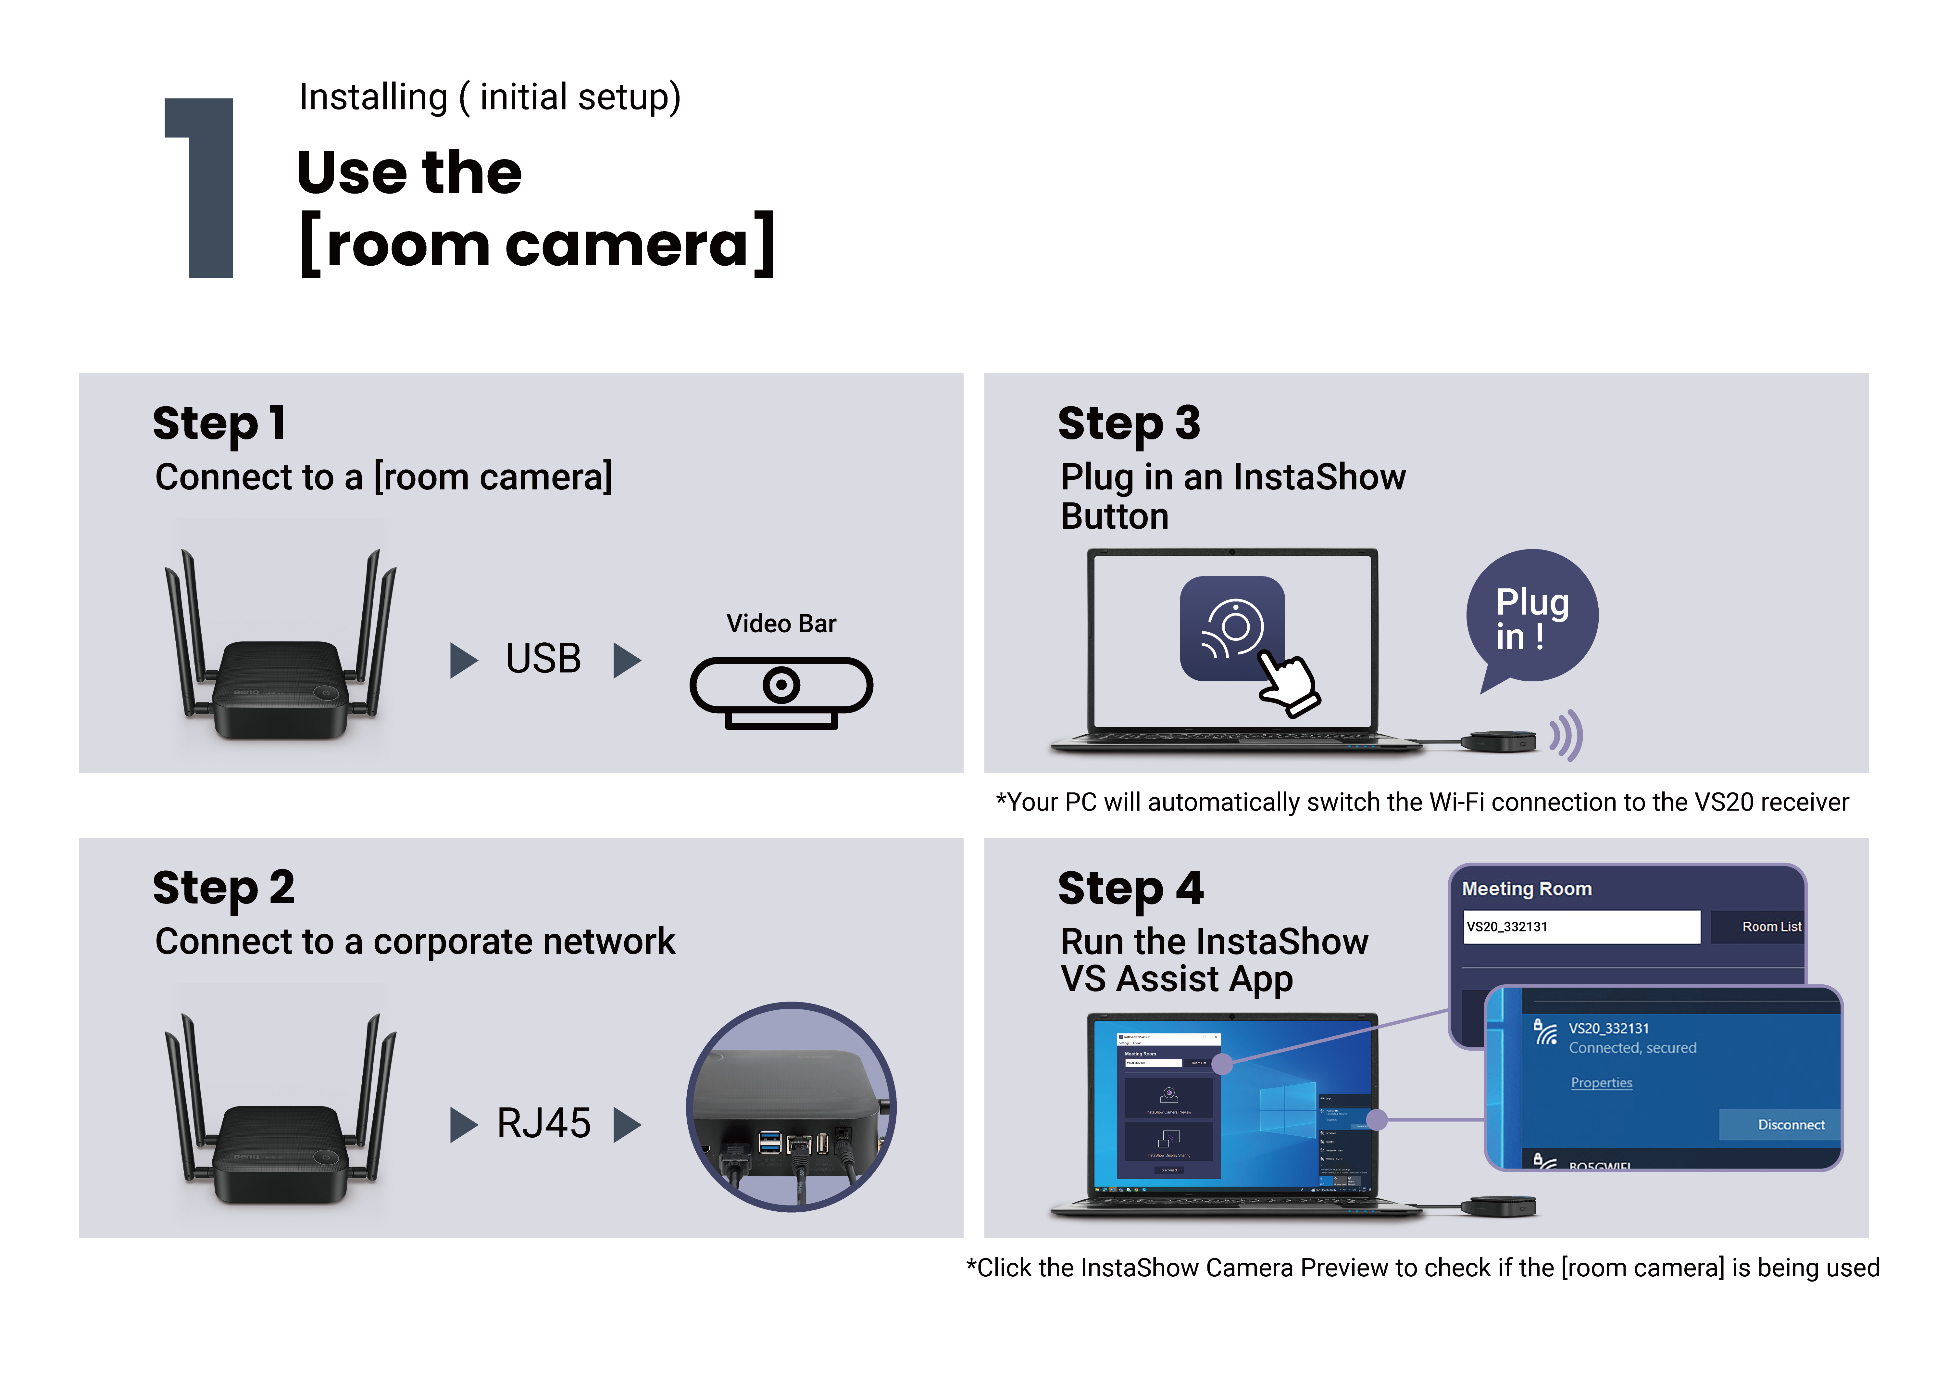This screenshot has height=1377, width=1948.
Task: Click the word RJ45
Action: [x=543, y=1123]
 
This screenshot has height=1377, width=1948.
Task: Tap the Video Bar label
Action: [x=780, y=624]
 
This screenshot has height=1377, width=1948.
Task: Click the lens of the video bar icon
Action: [x=780, y=684]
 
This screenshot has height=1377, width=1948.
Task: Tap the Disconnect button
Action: [x=1790, y=1124]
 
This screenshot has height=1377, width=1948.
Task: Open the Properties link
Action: [x=1601, y=1082]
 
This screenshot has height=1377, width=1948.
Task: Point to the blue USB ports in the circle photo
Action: [x=769, y=1142]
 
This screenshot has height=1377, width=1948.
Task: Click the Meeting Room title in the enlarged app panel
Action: [x=1526, y=888]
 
